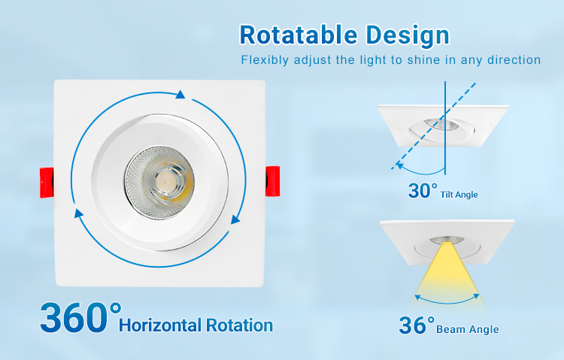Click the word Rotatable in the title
(299, 35)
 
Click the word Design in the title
(408, 35)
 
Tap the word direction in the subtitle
(514, 59)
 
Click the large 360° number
(80, 317)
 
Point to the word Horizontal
(160, 325)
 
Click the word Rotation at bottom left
(240, 325)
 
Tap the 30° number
(423, 190)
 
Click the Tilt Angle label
(459, 195)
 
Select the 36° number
(417, 325)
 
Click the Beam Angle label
(468, 329)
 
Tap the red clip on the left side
(47, 183)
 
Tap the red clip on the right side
(273, 181)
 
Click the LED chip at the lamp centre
(165, 180)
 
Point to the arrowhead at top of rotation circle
(180, 94)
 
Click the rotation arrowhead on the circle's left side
(78, 213)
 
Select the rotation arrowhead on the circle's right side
(235, 219)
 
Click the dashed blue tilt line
(434, 126)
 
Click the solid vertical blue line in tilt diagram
(445, 128)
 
